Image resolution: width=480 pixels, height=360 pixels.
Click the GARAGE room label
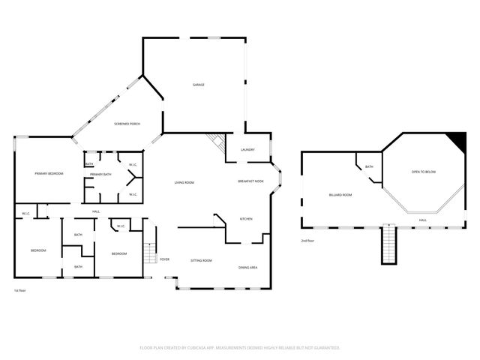point(198,85)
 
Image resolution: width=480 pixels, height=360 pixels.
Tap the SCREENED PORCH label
point(127,124)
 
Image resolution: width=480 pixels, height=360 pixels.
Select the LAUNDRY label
point(247,149)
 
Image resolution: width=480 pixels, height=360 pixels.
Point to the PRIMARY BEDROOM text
point(49,173)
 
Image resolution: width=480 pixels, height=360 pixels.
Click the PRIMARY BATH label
point(100,175)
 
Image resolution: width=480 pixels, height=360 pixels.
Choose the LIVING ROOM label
point(184,182)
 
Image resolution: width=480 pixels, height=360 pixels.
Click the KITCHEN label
point(245,219)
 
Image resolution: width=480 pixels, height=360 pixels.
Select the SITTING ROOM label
point(201,260)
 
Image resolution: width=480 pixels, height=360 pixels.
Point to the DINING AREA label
point(248,268)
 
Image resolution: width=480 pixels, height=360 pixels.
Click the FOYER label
point(164,259)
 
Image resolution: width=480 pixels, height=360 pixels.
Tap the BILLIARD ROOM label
point(340,194)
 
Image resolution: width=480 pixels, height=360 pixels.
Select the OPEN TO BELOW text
point(423,172)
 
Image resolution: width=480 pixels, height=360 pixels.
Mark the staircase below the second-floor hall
point(388,244)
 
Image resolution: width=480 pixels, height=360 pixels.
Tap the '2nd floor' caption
point(308,241)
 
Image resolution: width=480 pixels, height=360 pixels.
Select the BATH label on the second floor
point(369,167)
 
